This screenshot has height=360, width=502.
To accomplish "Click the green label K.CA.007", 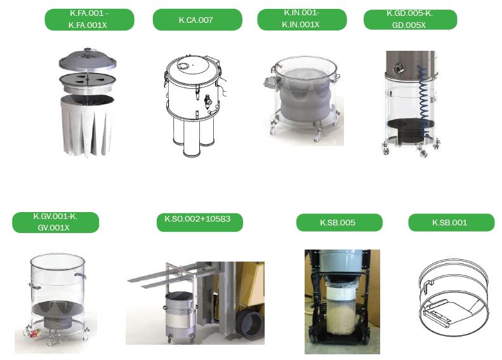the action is coord(197,20).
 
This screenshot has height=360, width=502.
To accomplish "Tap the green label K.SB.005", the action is coord(339,223).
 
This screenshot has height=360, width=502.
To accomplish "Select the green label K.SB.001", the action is coord(451,223).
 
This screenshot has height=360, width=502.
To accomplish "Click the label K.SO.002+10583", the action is coord(199,222).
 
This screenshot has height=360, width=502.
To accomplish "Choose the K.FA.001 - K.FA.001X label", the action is coord(89,20).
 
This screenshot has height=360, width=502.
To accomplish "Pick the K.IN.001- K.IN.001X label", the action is coord(302,20).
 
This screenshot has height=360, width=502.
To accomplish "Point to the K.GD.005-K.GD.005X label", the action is coord(410,20).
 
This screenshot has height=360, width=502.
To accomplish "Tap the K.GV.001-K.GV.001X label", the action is coord(55,222).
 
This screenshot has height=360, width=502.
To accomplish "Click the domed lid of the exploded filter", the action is coord(88,59).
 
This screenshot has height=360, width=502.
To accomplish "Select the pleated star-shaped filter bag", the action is coord(87,125).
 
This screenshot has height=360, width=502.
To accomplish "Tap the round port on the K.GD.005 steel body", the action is coord(399,67).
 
